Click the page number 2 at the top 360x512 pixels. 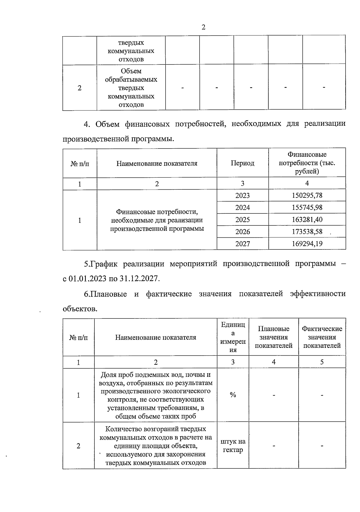click(203, 28)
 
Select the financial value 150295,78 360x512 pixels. click(307, 195)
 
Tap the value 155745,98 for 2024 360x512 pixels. click(307, 207)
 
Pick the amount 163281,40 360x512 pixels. click(307, 219)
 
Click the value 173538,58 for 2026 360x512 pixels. click(307, 231)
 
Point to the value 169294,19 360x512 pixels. click(307, 243)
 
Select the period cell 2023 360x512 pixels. click(242, 195)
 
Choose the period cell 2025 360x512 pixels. click(242, 219)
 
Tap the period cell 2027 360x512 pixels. click(242, 243)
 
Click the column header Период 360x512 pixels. click(242, 163)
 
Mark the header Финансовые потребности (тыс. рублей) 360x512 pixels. click(307, 163)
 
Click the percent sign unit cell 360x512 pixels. click(233, 395)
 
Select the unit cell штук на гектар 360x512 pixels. click(233, 446)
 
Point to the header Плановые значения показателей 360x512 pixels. click(274, 337)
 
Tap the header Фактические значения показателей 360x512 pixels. click(322, 337)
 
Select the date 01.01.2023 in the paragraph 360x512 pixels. click(88, 279)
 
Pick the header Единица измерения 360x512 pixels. click(233, 337)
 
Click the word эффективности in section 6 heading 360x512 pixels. click(318, 294)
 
